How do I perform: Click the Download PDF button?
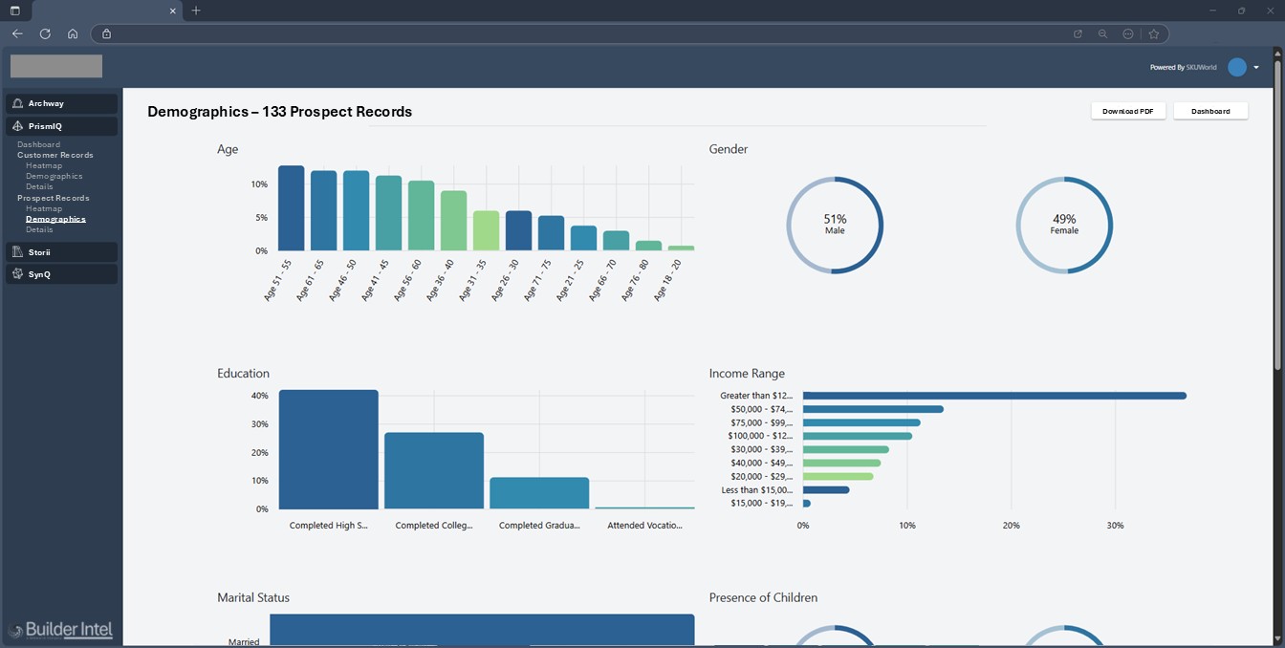(x=1128, y=111)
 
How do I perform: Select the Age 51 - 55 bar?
(x=292, y=208)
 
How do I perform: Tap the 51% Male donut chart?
(x=835, y=226)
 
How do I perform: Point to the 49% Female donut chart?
(x=1064, y=226)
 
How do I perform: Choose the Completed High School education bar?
(x=329, y=449)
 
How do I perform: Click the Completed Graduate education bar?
(x=539, y=493)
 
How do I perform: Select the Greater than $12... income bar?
(x=994, y=396)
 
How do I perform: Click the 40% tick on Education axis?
(x=259, y=396)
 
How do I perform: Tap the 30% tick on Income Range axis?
(x=1115, y=526)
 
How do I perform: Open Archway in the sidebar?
(x=46, y=103)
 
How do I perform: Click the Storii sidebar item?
(x=39, y=252)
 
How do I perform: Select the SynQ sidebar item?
(x=39, y=274)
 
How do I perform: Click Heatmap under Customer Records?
(x=44, y=165)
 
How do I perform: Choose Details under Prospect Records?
(x=39, y=229)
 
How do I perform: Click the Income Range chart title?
(x=747, y=374)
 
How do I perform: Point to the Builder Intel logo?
(x=60, y=630)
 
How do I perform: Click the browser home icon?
(x=73, y=33)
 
